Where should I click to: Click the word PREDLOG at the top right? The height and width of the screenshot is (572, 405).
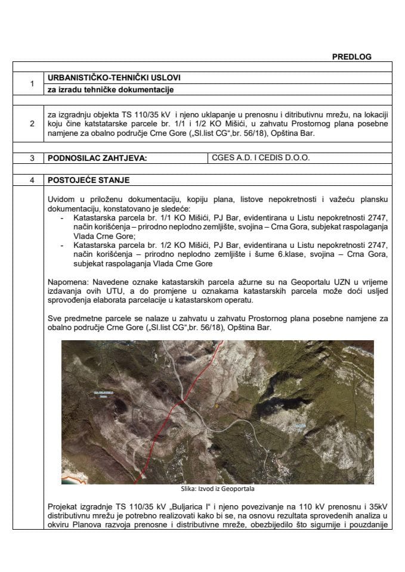(x=351, y=57)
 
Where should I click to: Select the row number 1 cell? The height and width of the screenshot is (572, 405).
(x=31, y=84)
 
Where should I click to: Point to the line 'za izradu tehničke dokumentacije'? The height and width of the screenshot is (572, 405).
(x=112, y=90)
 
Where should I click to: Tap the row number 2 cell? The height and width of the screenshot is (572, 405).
(x=31, y=123)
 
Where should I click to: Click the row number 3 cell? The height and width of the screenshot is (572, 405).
(x=31, y=159)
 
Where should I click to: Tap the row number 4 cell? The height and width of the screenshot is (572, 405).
(x=31, y=180)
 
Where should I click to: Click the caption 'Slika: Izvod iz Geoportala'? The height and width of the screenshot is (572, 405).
(x=213, y=489)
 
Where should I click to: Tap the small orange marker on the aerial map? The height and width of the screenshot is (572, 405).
(x=217, y=406)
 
